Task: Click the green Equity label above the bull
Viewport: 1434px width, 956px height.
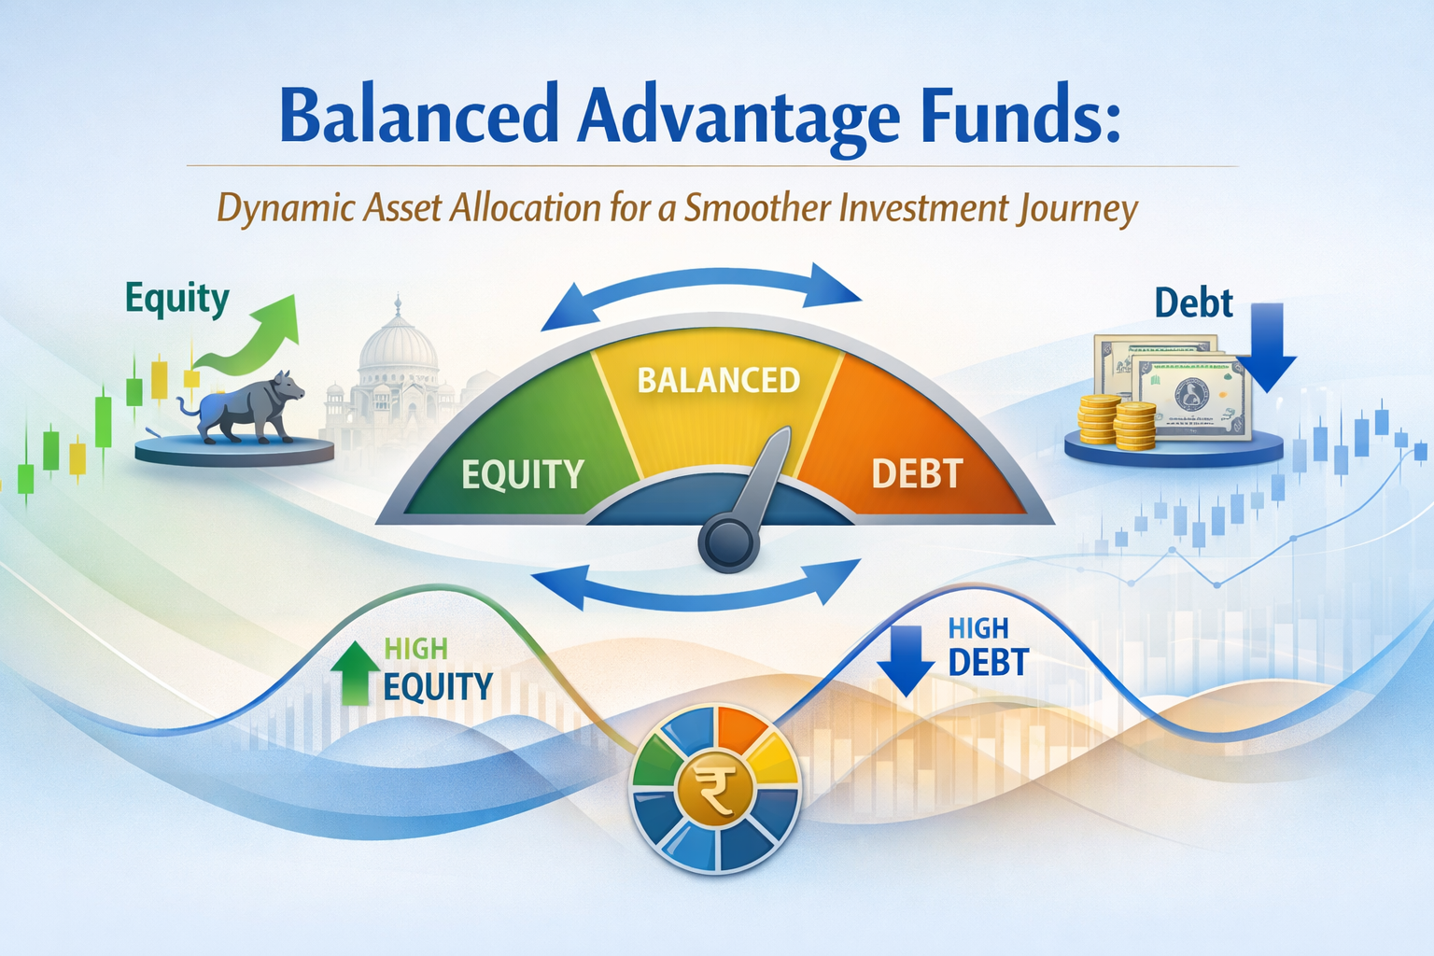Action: point(177,299)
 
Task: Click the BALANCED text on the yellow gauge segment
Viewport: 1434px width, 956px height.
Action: point(718,380)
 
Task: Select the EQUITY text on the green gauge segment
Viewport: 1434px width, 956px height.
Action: point(522,474)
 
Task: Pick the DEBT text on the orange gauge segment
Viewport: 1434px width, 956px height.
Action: point(916,474)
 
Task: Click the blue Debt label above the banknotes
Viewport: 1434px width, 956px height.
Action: point(1193,303)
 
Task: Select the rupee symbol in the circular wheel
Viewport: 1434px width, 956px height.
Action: point(716,791)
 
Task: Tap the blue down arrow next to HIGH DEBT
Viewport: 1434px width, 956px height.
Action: point(905,660)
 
